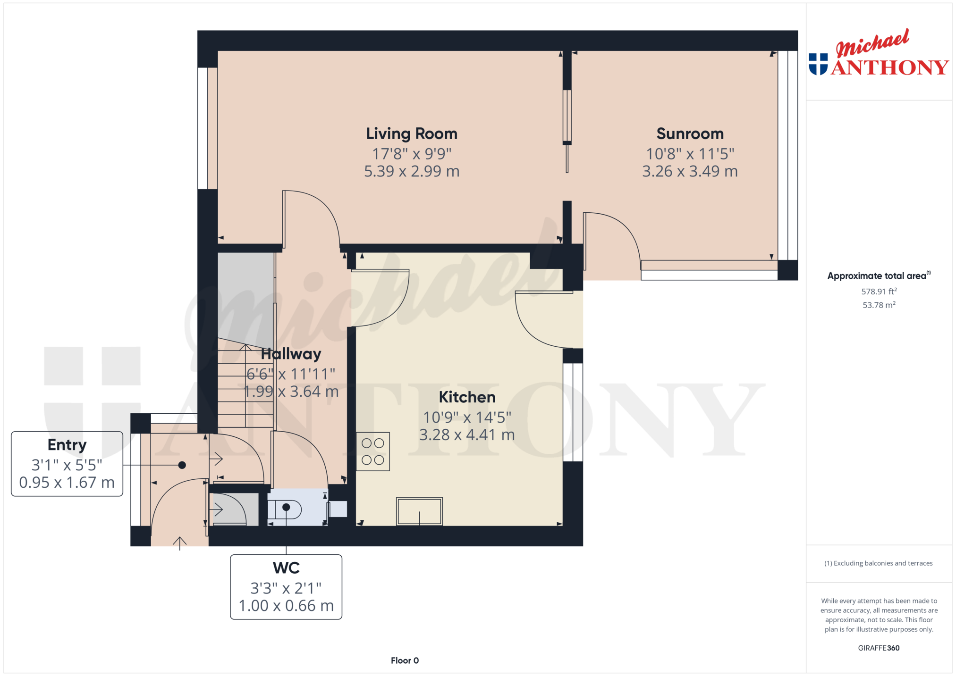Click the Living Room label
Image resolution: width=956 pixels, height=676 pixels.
(x=412, y=134)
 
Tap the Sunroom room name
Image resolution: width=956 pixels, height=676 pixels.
(x=690, y=134)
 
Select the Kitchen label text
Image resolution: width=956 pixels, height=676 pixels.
(x=467, y=397)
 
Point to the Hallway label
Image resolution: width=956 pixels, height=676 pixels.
(x=291, y=354)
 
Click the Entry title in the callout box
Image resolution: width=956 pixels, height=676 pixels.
(x=67, y=445)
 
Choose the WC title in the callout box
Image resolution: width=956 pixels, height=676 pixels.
(x=286, y=568)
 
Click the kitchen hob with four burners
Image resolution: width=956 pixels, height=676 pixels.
(x=373, y=451)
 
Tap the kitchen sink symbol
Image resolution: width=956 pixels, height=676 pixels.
(x=419, y=511)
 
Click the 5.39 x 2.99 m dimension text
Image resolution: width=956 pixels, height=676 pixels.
(x=412, y=171)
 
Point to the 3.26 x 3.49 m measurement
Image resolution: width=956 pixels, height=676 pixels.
(x=690, y=171)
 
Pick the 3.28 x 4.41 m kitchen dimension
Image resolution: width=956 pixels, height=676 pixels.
(x=467, y=435)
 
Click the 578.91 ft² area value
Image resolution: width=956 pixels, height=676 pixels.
(x=879, y=292)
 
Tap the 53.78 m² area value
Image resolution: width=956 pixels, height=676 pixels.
(x=879, y=305)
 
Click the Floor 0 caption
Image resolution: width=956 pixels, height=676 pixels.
(x=405, y=660)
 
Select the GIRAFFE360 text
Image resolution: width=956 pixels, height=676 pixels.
(x=879, y=648)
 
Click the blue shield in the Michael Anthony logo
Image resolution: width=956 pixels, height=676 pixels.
(x=818, y=64)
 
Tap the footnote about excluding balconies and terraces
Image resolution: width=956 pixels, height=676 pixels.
(x=879, y=563)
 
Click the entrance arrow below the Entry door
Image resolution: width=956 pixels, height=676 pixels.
(x=179, y=543)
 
